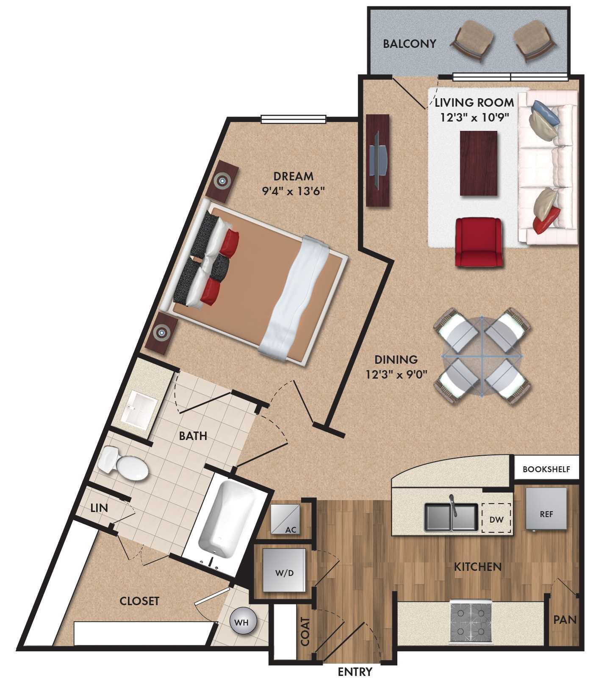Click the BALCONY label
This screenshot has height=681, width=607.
coord(409,44)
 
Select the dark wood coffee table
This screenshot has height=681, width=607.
coord(479,163)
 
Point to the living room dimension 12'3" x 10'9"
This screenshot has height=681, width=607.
coord(474,116)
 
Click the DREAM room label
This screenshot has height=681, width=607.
coord(293,176)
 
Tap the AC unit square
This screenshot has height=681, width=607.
coord(285,519)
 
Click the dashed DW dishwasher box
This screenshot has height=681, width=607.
coord(496,518)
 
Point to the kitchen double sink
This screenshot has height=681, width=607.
coord(451,517)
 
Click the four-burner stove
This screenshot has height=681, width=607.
coord(470,622)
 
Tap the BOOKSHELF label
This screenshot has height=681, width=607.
coord(546,469)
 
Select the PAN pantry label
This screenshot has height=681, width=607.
coord(565,620)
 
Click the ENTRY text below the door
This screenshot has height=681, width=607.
coord(355,672)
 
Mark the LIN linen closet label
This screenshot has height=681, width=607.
coord(99,508)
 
